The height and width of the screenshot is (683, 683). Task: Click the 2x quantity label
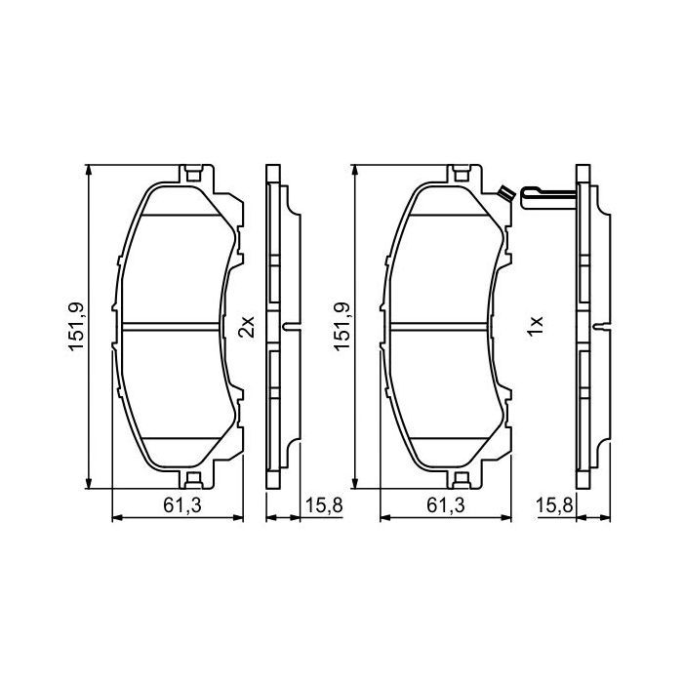247,326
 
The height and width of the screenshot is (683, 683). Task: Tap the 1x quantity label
534,326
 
